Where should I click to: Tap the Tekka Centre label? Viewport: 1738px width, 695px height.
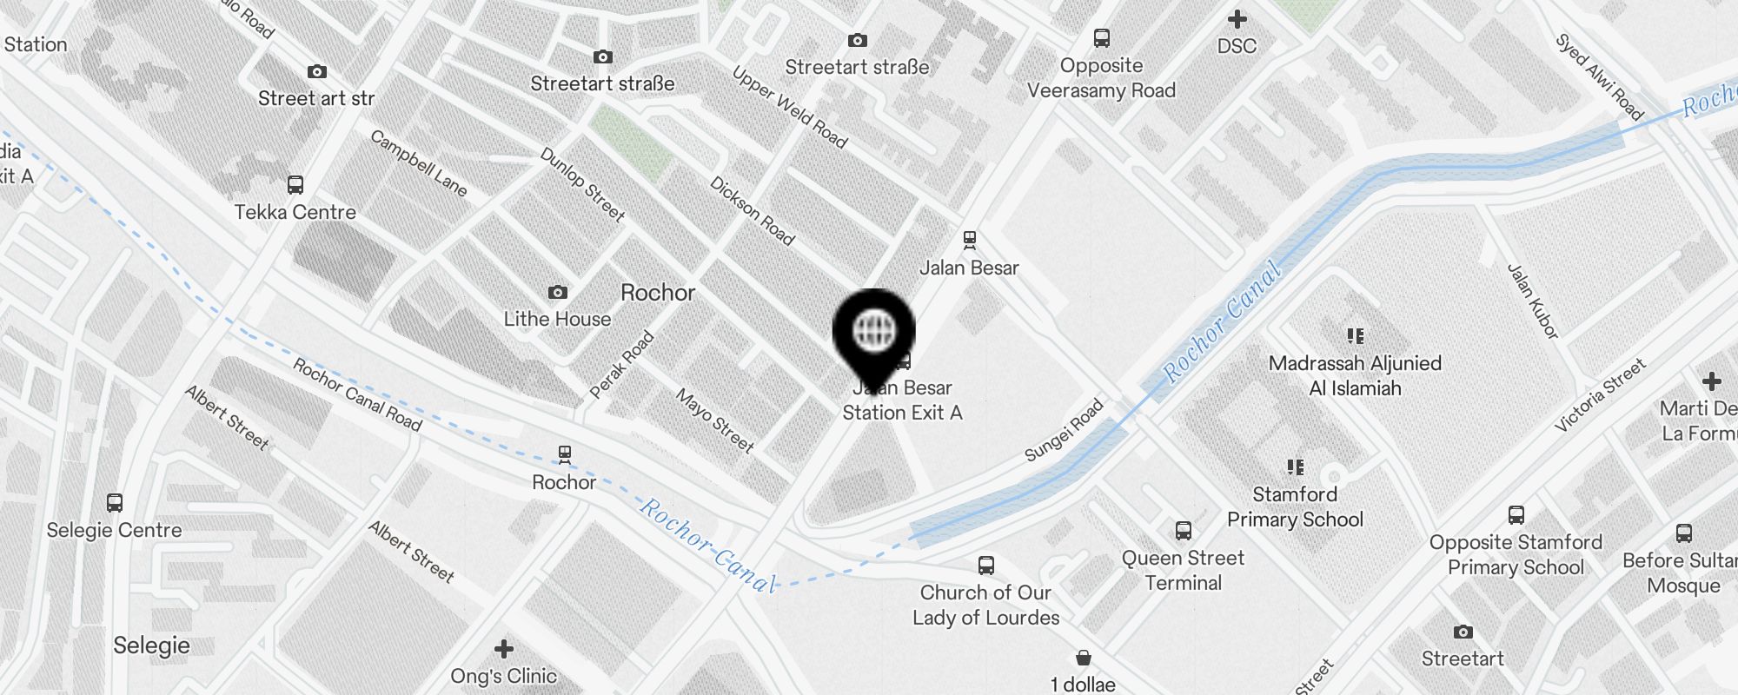pyautogui.click(x=295, y=212)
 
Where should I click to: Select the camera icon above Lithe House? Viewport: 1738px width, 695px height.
pyautogui.click(x=558, y=292)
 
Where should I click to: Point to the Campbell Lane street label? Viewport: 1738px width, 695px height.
pyautogui.click(x=418, y=163)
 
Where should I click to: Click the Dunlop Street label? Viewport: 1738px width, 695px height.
pyautogui.click(x=582, y=184)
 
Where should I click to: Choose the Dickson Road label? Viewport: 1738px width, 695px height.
pyautogui.click(x=752, y=211)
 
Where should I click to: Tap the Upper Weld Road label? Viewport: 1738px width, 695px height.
pyautogui.click(x=789, y=107)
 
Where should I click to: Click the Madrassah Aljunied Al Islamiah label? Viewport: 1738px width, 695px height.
pyautogui.click(x=1355, y=375)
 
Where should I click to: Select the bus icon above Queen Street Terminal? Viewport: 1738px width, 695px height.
pyautogui.click(x=1183, y=530)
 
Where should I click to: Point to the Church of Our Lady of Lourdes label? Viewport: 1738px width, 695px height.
pyautogui.click(x=985, y=605)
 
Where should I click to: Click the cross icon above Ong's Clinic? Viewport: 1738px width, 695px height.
pyautogui.click(x=504, y=649)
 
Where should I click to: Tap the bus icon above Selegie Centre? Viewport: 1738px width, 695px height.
pyautogui.click(x=115, y=502)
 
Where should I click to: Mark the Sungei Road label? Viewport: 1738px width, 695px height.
pyautogui.click(x=1064, y=430)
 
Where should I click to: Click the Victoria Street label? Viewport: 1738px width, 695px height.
pyautogui.click(x=1600, y=395)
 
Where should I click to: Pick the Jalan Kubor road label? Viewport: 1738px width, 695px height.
pyautogui.click(x=1533, y=301)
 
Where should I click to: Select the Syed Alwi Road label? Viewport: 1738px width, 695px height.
pyautogui.click(x=1599, y=76)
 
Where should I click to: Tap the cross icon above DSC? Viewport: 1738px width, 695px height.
pyautogui.click(x=1237, y=19)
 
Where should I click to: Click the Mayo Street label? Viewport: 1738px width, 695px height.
pyautogui.click(x=714, y=420)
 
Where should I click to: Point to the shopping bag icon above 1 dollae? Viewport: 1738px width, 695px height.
pyautogui.click(x=1083, y=658)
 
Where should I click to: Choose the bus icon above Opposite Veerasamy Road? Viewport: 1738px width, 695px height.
pyautogui.click(x=1102, y=38)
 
